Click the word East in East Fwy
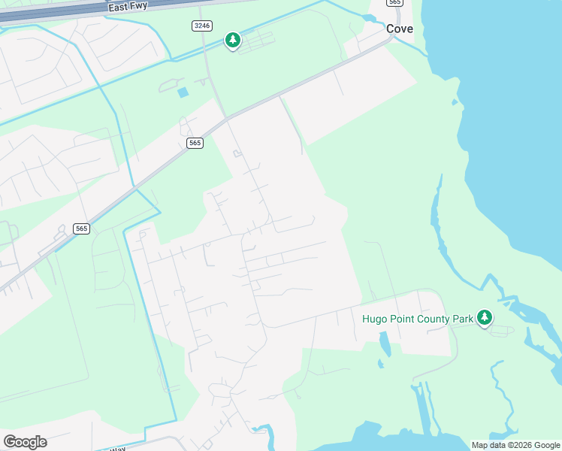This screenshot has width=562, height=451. click(x=117, y=6)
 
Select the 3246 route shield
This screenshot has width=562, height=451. click(x=201, y=26)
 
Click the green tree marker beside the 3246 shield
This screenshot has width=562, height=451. click(x=233, y=40)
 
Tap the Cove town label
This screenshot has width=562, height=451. click(x=400, y=29)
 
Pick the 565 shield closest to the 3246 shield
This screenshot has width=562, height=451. click(x=195, y=143)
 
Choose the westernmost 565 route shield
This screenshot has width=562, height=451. click(x=82, y=229)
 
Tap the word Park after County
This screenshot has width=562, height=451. click(x=464, y=319)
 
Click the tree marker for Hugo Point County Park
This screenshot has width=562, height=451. click(x=485, y=317)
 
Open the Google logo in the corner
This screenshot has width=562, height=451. click(x=25, y=442)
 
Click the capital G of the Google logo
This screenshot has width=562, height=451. click(x=10, y=442)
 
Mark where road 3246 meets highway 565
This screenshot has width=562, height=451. click(x=227, y=117)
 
